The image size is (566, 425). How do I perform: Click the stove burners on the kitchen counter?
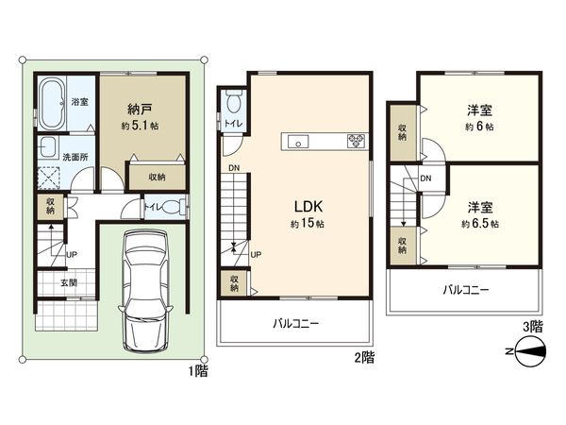pos(357,143)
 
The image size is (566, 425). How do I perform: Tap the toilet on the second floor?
pos(233,101)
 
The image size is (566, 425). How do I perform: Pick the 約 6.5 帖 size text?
pos(480,224)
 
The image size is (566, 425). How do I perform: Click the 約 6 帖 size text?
pos(479,126)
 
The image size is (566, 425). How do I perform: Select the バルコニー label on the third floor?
pos(465,290)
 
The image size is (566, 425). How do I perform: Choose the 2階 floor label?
pos(365,359)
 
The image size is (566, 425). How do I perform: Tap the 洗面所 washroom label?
pos(74,156)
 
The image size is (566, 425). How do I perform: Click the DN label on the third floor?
pos(425,178)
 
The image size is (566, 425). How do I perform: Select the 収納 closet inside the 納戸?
pos(157,177)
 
